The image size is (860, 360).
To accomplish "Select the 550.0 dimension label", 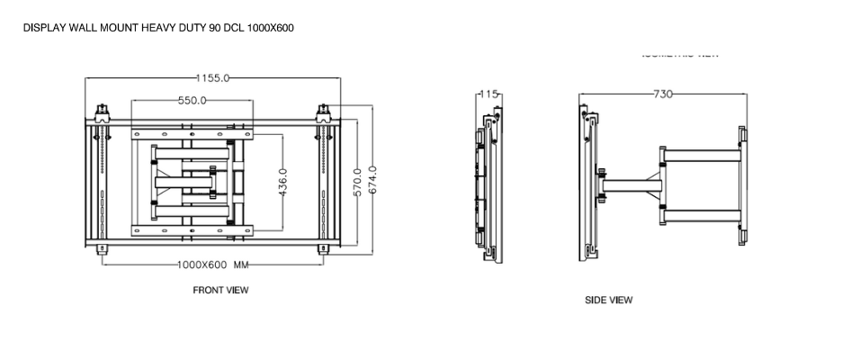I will (192, 100).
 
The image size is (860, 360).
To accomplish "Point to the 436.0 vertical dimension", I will (282, 183).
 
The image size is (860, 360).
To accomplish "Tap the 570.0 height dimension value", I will (357, 183).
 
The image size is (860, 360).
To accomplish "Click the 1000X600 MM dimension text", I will (212, 265).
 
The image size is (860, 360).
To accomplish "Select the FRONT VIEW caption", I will (220, 291).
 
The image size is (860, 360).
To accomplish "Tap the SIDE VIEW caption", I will (608, 301).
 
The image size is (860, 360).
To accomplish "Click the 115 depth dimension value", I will (489, 94).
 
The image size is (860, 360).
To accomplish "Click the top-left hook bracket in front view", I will (103, 114).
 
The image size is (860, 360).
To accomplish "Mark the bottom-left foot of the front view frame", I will (103, 247).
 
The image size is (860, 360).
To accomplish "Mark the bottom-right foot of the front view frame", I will (323, 247).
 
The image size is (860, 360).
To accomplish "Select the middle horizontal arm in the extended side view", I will (633, 184).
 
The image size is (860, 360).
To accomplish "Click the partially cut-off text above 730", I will (680, 55).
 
